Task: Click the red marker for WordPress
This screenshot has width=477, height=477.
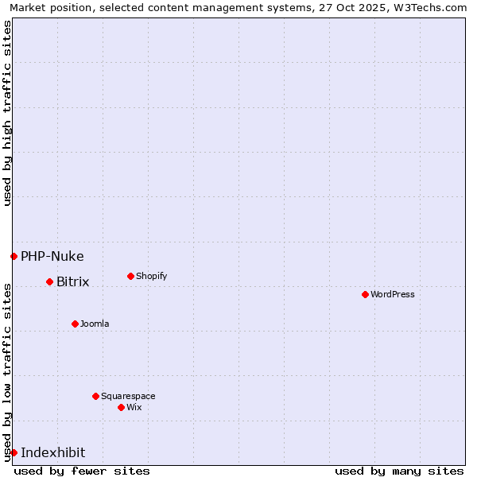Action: [x=365, y=294]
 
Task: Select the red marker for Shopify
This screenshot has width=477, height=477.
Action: [x=130, y=276]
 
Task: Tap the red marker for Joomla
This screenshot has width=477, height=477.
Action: [x=75, y=324]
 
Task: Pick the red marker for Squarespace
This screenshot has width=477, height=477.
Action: [x=95, y=396]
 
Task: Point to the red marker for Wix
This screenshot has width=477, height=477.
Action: [x=121, y=407]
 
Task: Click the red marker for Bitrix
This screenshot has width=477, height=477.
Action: [x=49, y=281]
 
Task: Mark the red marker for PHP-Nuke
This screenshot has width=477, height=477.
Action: [x=14, y=256]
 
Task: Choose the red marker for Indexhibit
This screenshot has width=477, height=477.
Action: [x=14, y=452]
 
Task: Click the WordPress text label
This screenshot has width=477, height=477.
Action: [x=393, y=294]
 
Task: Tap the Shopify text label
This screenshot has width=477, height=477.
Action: [x=151, y=276]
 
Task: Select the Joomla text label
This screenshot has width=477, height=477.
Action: [x=95, y=324]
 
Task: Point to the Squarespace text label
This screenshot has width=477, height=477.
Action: [x=128, y=396]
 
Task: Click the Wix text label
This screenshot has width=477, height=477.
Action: [x=134, y=407]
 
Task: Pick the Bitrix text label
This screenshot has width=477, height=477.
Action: [x=72, y=281]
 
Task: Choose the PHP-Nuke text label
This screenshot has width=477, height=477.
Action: [x=52, y=256]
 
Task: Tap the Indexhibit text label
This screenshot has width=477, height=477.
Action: [x=52, y=452]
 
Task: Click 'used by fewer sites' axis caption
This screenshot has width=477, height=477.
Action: [x=82, y=471]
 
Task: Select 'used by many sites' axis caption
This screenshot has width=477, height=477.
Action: [x=399, y=471]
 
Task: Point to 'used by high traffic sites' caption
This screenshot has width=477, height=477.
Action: [x=7, y=113]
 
